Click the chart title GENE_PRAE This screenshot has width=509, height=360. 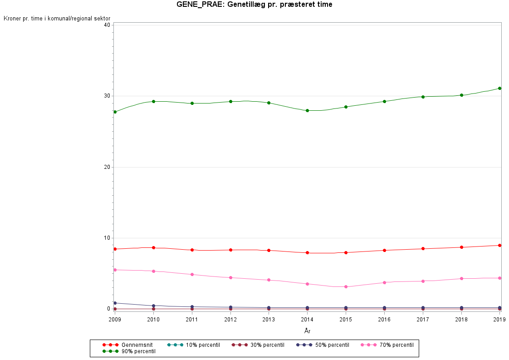click(x=254, y=5)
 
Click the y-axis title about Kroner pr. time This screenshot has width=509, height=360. click(x=57, y=19)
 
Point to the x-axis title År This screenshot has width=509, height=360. click(x=307, y=331)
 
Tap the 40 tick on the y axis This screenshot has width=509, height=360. click(x=108, y=25)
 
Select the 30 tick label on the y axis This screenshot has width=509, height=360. click(x=108, y=96)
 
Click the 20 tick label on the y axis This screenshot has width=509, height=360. click(x=108, y=167)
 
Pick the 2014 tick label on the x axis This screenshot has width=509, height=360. click(x=307, y=319)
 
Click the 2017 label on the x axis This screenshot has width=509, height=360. click(x=423, y=319)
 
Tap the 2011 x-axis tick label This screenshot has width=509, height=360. click(x=192, y=319)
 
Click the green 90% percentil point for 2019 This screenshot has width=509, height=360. click(x=499, y=88)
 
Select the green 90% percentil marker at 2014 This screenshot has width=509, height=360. click(x=307, y=110)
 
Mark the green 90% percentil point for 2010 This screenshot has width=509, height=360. click(x=153, y=101)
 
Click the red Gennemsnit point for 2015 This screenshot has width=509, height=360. click(x=346, y=252)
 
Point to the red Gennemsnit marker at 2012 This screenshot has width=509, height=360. click(x=230, y=250)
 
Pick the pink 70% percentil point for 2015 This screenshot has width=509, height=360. click(x=346, y=286)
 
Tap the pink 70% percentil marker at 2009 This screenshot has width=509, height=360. click(x=115, y=270)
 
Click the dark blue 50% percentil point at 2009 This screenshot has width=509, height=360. click(x=115, y=303)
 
